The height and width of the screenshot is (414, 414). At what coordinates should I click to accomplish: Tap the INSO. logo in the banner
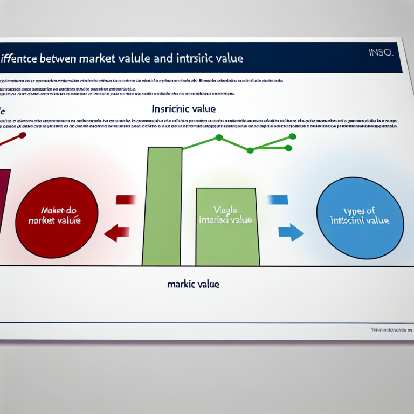point(381,53)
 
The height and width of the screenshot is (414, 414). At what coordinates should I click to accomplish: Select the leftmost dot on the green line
point(219,137)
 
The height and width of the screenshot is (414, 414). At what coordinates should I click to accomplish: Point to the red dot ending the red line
point(22,134)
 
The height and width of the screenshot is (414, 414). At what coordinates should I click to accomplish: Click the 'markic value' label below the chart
point(193,284)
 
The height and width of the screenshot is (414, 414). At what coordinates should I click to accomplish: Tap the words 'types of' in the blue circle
point(359,211)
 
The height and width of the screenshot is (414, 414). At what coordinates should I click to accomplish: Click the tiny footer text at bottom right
point(391,329)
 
